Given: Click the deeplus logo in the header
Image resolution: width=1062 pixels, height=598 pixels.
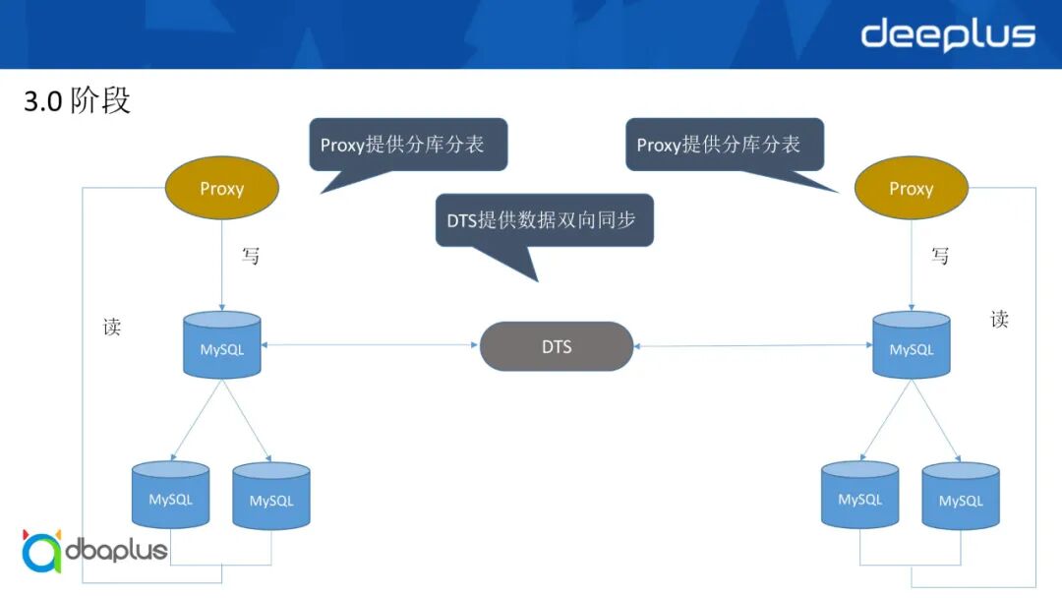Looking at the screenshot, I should pos(948,34).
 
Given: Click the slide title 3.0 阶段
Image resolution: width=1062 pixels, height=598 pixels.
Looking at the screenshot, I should pos(77,100).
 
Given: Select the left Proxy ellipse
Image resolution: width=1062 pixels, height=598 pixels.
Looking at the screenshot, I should pos(221,188).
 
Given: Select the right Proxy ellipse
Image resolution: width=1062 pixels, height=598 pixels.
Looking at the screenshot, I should pos(911,188).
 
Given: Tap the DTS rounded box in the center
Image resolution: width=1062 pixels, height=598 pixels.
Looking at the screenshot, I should pos(556,346).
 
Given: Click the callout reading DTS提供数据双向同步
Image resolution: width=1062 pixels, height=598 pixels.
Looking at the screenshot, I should pos(543,219).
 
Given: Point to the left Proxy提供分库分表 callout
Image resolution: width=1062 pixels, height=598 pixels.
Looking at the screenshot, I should pos(407,145).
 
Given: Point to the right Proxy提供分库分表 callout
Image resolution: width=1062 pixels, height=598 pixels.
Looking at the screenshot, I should pos(724,145).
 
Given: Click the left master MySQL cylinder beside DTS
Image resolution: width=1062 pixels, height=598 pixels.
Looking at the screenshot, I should pos(222,345).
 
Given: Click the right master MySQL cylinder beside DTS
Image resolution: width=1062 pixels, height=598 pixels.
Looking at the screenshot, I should pos(912,345).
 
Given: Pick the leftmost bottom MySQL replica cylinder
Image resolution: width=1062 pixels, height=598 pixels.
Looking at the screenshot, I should pos(170,496).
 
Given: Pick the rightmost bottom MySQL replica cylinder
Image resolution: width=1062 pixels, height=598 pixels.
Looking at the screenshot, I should pos(960,498).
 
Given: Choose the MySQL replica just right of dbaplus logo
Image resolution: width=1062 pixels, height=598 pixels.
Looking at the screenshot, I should pos(270,498).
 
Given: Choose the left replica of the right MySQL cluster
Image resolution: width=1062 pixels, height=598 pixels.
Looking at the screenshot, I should pos(859,496).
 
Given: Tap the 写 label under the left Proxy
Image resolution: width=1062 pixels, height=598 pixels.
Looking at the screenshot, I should pos(251,256).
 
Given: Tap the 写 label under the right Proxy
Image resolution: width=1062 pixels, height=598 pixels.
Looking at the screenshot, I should pos(940,256).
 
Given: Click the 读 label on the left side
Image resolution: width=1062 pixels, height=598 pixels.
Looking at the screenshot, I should pos(112,328).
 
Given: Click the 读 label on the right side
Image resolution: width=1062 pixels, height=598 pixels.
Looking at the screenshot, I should pos(999,319).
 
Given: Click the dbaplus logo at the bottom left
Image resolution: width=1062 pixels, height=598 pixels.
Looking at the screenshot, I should pos(94,550).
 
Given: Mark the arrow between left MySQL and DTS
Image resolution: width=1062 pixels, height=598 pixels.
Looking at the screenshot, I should pos(370,345).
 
